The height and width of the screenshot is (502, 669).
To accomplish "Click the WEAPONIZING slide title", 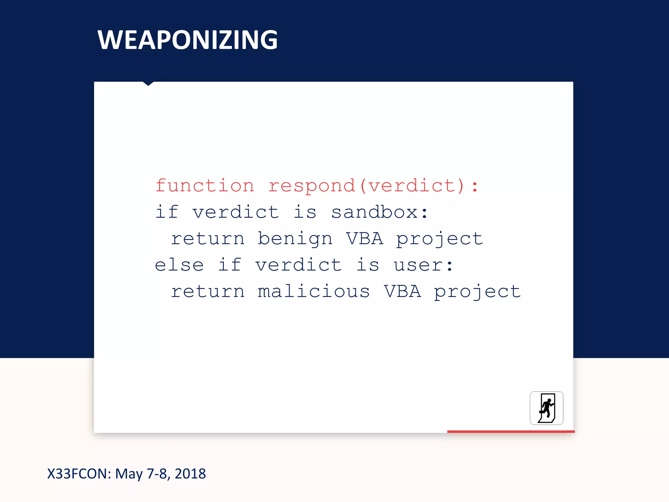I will tap(188, 40).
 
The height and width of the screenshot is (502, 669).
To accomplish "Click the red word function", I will tap(205, 186).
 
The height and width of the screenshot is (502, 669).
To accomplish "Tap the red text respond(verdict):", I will tap(373, 186).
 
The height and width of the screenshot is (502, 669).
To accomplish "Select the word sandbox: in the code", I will tap(379, 212).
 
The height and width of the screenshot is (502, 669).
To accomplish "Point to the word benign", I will tap(295, 239).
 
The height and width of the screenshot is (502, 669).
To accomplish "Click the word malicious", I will tap(314, 291).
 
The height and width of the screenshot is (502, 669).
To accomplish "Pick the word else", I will tap(179, 265).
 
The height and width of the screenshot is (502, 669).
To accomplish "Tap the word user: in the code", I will tap(423, 265).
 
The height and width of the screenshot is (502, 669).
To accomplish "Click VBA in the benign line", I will tap(365, 239).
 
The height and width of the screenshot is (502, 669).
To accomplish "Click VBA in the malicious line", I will tap(402, 291).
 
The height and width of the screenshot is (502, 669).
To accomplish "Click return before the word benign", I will tap(208, 239).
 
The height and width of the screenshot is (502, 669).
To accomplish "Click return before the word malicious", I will tap(208, 291).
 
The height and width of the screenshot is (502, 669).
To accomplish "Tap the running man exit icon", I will tap(546, 408).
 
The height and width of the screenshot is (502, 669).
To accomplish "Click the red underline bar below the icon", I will tap(511, 432).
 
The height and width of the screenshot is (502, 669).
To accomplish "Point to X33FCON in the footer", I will tap(79, 474).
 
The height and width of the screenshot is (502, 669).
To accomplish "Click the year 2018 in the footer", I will tap(190, 474).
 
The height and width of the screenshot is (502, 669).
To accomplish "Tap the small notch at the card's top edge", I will tap(148, 84).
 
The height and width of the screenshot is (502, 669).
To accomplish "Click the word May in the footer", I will tap(129, 474).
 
